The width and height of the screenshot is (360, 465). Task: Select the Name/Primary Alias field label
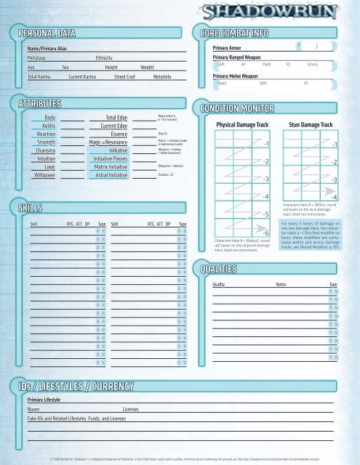(47, 47)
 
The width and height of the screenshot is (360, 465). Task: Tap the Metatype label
(37, 57)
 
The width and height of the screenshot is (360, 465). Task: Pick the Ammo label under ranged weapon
(312, 64)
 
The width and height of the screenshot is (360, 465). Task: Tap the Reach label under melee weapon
(223, 83)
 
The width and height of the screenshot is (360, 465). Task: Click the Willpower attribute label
(44, 175)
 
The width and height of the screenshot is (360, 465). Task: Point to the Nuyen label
(34, 410)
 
